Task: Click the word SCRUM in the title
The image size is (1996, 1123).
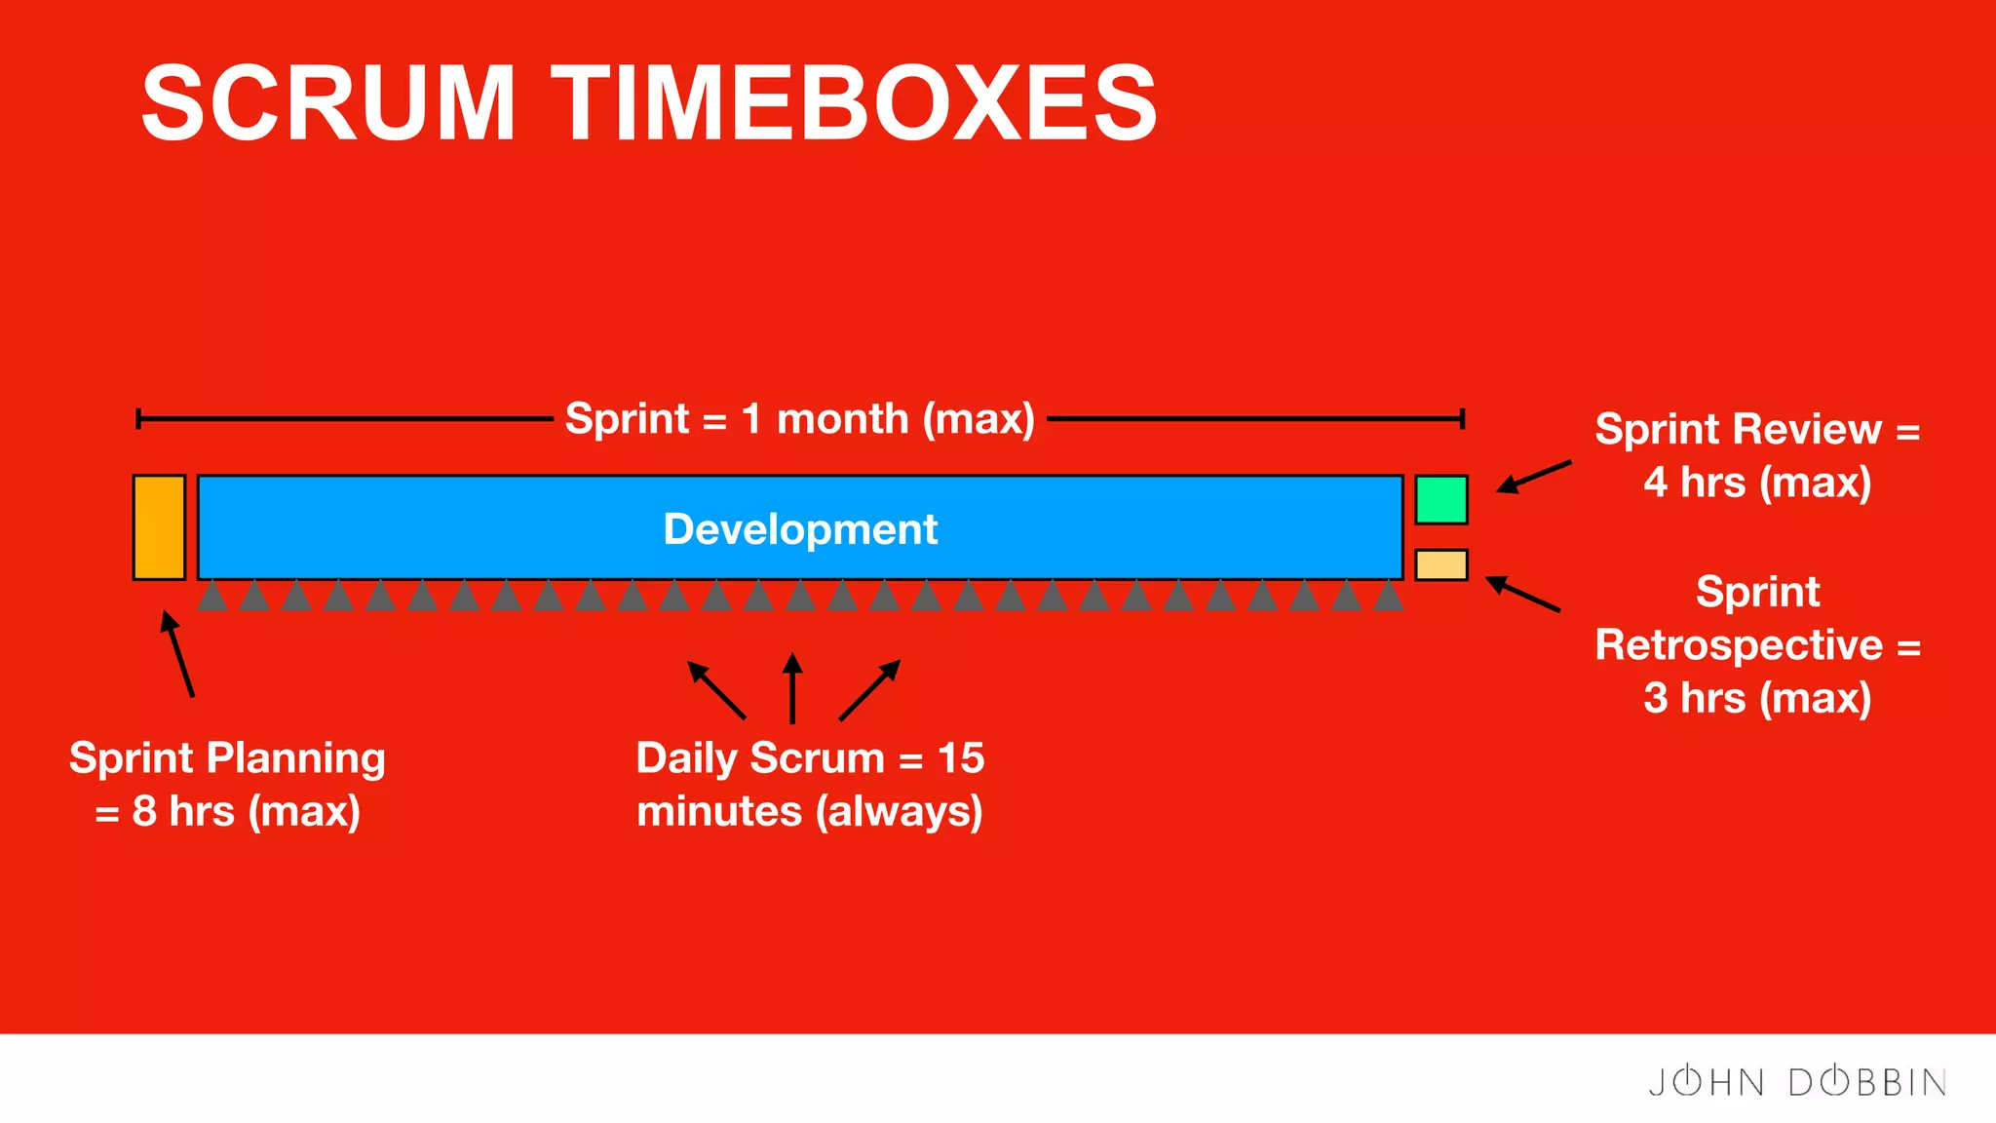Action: point(328,102)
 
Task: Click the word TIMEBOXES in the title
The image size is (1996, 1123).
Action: point(854,102)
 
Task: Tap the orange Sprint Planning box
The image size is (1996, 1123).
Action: point(159,527)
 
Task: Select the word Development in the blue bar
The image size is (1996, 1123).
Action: point(799,529)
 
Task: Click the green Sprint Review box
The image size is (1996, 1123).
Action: point(1440,500)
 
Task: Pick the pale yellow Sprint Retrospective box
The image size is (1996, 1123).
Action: point(1440,564)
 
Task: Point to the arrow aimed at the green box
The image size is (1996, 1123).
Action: point(1533,477)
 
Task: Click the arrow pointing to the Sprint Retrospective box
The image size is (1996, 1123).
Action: point(1522,595)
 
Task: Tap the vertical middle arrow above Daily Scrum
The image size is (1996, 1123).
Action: point(792,688)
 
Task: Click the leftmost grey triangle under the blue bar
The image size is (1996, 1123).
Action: point(212,596)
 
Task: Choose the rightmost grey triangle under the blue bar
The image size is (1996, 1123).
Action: point(1388,596)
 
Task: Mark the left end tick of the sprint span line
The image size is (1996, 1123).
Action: point(138,419)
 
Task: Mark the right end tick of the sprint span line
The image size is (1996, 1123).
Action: point(1462,419)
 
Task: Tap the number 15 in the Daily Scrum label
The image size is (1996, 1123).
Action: point(960,758)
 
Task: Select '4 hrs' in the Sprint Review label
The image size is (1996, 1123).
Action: point(1694,483)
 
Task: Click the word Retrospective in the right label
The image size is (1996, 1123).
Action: point(1739,645)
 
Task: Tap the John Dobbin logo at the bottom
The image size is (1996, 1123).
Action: point(1797,1082)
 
